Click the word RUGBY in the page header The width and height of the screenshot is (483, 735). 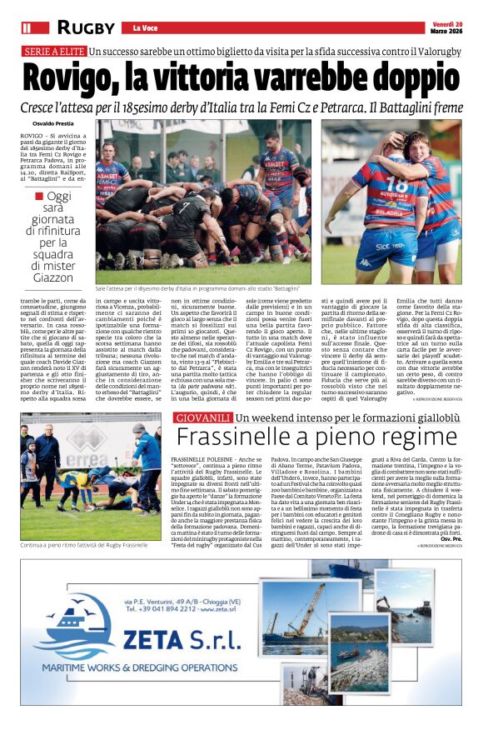[x=87, y=27]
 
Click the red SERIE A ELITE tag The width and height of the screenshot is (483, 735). [x=53, y=52]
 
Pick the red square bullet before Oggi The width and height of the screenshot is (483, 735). [x=39, y=197]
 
